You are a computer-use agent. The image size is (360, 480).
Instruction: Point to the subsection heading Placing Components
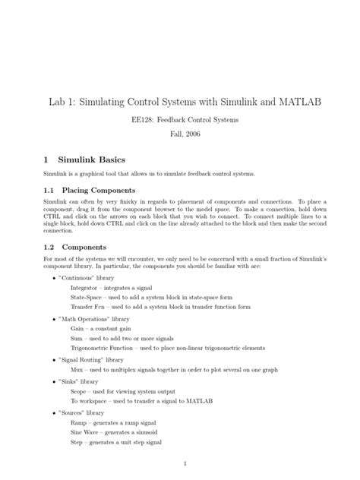pyautogui.click(x=99, y=189)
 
